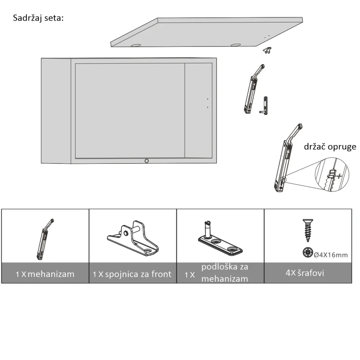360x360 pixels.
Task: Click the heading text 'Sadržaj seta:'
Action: (38, 18)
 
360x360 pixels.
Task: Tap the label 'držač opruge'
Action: (330, 147)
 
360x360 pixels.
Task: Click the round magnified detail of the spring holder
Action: (332, 174)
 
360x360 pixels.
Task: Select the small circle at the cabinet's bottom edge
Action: (147, 161)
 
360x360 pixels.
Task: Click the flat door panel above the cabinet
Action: (207, 32)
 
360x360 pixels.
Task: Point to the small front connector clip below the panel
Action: (267, 50)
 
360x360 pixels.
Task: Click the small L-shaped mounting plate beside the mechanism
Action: (264, 106)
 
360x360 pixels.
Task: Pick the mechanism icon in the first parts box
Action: (45, 239)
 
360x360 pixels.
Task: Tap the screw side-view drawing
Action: (308, 230)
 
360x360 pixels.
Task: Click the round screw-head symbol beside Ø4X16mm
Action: (308, 252)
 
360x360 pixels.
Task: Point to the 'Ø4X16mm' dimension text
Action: (330, 255)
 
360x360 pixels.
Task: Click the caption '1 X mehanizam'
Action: (45, 274)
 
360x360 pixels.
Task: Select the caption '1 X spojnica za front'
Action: (132, 274)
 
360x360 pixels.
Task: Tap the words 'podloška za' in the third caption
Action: (225, 267)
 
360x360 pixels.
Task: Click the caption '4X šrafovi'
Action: (305, 273)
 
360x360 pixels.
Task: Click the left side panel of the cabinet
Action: (56, 111)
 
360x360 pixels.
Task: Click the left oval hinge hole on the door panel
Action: (136, 45)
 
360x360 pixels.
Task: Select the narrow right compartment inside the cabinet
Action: (198, 110)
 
